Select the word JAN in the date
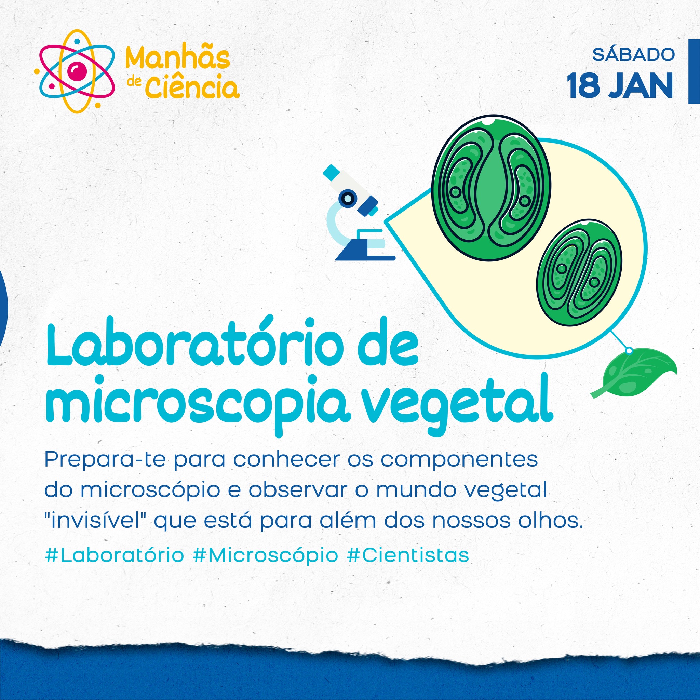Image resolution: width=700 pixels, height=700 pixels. click(x=640, y=86)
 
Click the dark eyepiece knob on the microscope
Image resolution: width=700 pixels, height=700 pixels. click(x=348, y=198)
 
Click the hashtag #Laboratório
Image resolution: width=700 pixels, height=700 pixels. click(x=115, y=555)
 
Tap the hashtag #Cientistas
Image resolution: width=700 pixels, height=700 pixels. click(x=408, y=555)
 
